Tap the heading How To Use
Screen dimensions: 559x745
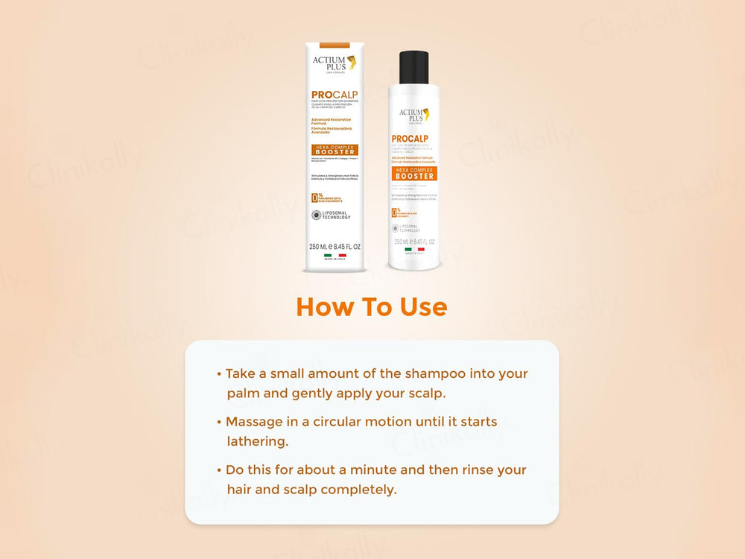pos(371,306)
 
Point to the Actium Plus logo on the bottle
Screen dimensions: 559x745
pos(413,116)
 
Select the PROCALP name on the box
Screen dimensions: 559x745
pos(335,95)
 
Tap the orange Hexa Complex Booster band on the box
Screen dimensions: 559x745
pos(335,149)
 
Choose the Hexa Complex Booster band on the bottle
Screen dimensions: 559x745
pos(413,173)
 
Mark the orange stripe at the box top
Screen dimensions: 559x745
pos(335,39)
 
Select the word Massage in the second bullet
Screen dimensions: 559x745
pos(255,422)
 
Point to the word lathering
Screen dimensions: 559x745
pos(257,441)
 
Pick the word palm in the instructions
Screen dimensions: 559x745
pos(242,393)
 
